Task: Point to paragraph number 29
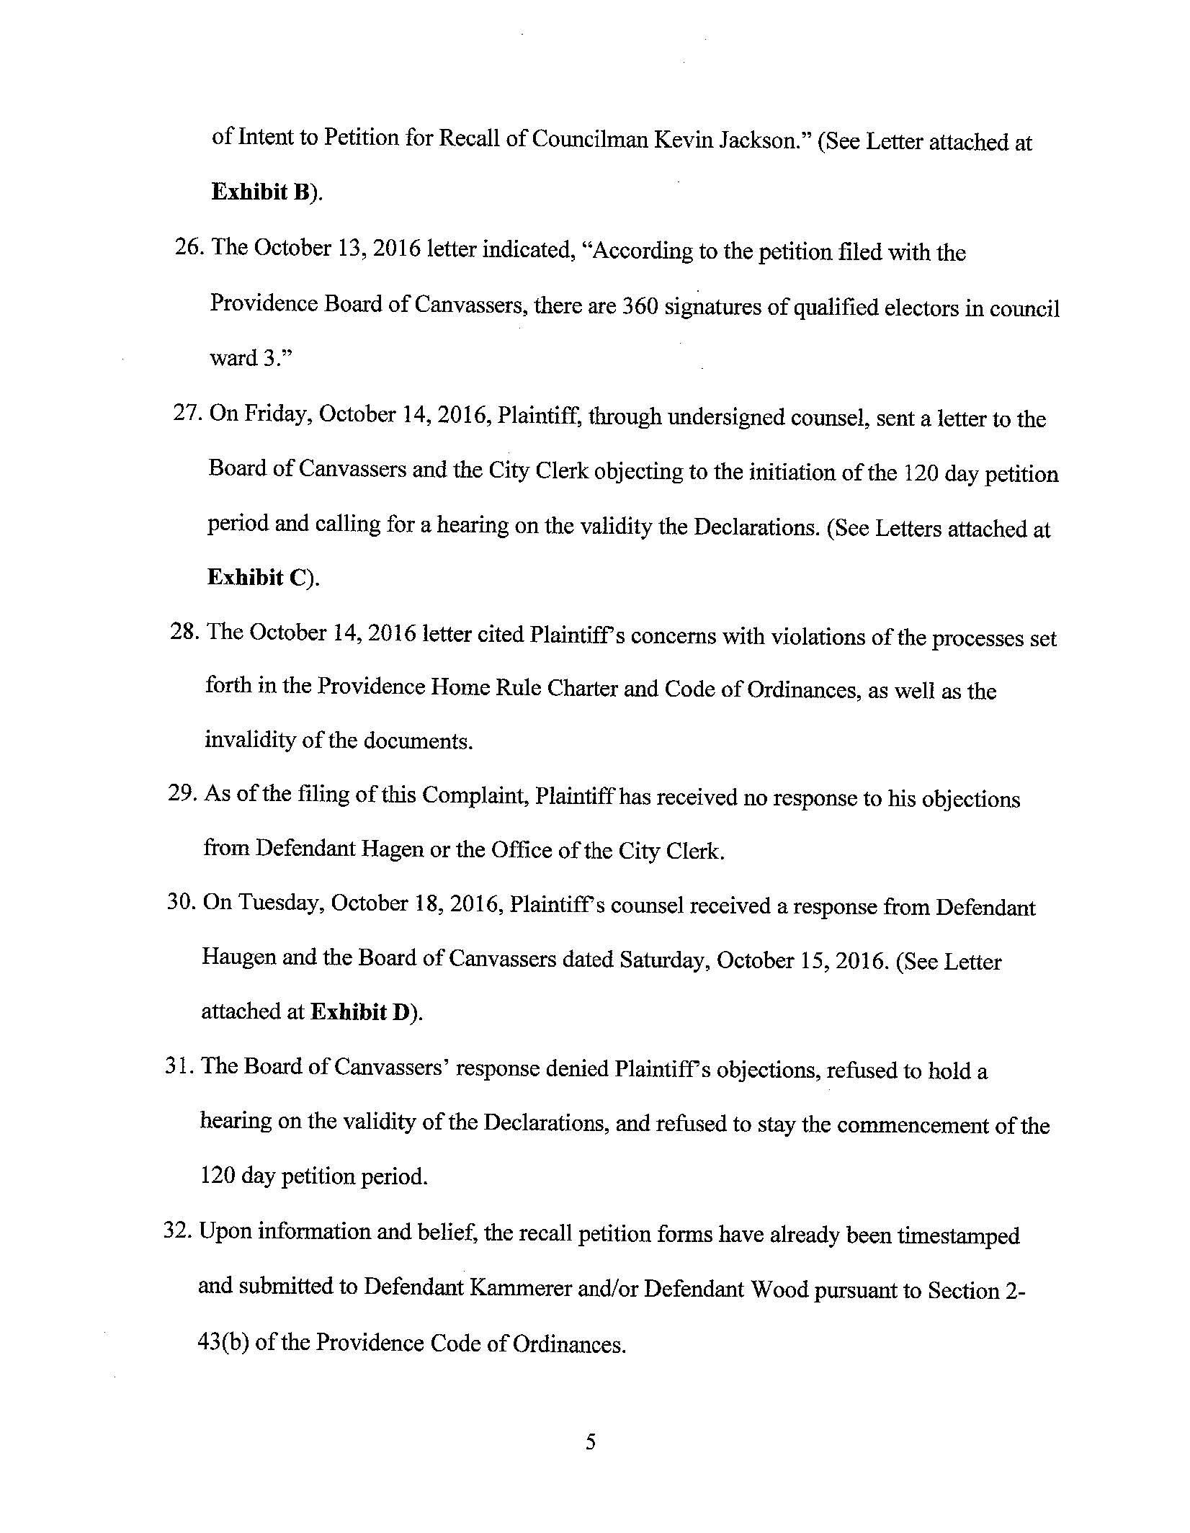[x=184, y=795]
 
